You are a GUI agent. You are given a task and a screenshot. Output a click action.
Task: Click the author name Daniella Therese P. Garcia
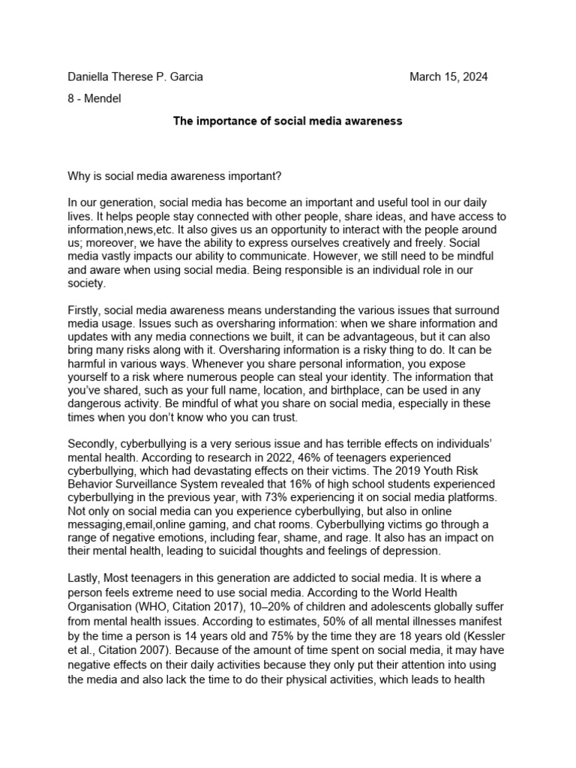[135, 77]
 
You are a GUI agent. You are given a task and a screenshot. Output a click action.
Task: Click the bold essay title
[288, 121]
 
